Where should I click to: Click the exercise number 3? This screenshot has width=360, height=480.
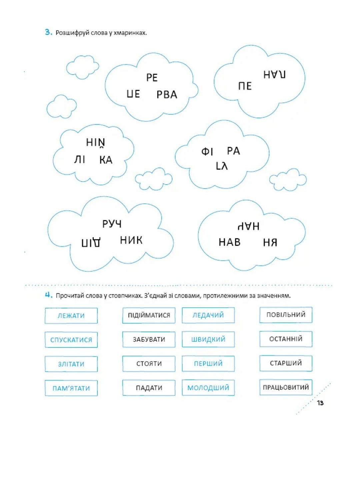[48, 32]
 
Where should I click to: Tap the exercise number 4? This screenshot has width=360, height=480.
[48, 295]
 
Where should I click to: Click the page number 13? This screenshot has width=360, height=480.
[320, 403]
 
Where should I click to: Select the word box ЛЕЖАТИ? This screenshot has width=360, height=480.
[71, 316]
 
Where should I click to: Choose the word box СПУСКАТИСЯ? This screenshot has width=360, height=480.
[71, 340]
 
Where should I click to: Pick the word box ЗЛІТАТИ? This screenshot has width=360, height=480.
[71, 364]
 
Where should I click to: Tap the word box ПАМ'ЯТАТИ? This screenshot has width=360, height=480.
[71, 388]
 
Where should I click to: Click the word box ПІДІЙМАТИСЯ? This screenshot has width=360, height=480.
[149, 315]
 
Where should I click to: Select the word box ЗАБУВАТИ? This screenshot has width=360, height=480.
[149, 339]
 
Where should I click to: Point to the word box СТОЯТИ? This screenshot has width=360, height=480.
[149, 363]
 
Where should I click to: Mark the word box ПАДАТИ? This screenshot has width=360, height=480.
[149, 388]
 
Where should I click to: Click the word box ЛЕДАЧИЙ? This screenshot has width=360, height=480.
[208, 315]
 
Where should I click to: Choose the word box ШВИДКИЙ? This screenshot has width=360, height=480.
[208, 339]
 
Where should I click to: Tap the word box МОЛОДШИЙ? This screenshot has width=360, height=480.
[208, 388]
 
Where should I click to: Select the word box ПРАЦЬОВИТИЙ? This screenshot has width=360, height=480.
[286, 387]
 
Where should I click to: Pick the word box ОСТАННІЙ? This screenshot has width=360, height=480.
[286, 339]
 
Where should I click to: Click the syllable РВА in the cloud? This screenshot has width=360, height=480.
[167, 95]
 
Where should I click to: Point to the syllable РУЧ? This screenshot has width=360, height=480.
[112, 224]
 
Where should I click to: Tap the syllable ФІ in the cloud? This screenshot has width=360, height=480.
[207, 152]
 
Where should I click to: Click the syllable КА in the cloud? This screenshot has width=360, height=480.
[106, 160]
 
